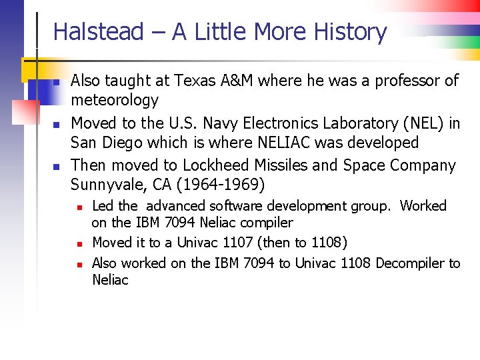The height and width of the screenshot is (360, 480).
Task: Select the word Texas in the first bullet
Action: [x=195, y=81]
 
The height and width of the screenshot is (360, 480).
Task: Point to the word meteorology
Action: [x=115, y=101]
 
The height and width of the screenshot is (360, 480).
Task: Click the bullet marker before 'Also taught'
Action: [x=57, y=83]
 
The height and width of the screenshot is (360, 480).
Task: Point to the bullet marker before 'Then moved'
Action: [x=57, y=167]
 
